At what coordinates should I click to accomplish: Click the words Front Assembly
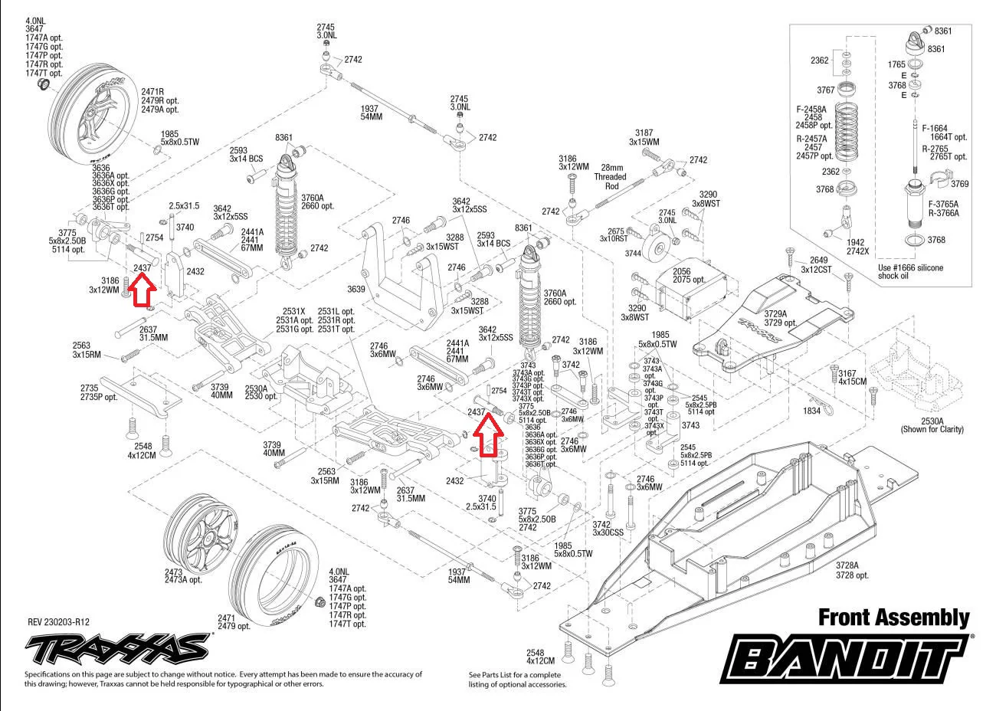click(893, 618)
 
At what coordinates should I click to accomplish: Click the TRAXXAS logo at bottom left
click(117, 650)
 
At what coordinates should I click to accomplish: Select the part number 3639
click(355, 289)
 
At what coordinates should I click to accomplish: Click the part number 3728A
click(847, 565)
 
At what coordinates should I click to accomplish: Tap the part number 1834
click(811, 411)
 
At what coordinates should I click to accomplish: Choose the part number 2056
click(681, 271)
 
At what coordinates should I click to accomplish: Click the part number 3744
click(633, 253)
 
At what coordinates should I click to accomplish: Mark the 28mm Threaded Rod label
click(611, 177)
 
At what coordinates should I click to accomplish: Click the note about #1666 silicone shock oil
click(910, 272)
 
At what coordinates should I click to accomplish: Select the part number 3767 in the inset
click(825, 90)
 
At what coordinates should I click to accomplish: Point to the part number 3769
click(959, 184)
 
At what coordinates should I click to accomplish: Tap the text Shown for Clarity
click(932, 430)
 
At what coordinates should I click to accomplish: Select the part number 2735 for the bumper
click(89, 388)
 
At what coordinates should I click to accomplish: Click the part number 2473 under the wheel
click(173, 572)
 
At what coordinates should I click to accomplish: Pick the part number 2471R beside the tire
click(153, 91)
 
